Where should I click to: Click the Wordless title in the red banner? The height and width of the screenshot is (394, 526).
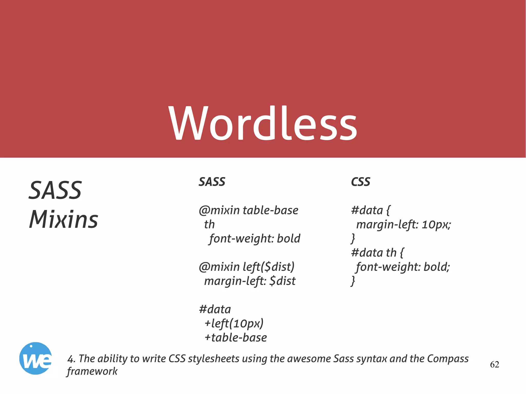pyautogui.click(x=263, y=123)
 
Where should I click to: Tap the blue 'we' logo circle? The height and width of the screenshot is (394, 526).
pyautogui.click(x=35, y=358)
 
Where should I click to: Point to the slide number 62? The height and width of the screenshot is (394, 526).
pyautogui.click(x=494, y=364)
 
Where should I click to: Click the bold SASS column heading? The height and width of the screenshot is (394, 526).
pyautogui.click(x=212, y=182)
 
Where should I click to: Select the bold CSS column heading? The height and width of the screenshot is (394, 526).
pyautogui.click(x=361, y=182)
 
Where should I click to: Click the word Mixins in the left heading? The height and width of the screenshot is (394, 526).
pyautogui.click(x=63, y=219)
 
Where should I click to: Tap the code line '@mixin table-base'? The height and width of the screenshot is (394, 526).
pyautogui.click(x=248, y=210)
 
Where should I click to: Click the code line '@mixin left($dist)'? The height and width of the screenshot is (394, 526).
pyautogui.click(x=247, y=267)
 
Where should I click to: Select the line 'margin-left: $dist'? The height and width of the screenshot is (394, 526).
pyautogui.click(x=250, y=281)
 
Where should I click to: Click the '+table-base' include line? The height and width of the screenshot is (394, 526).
pyautogui.click(x=236, y=338)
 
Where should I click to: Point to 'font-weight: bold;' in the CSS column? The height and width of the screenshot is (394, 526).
pyautogui.click(x=403, y=267)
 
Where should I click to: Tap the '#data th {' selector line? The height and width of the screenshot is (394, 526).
pyautogui.click(x=377, y=253)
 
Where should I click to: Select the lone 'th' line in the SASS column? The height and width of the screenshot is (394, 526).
pyautogui.click(x=209, y=224)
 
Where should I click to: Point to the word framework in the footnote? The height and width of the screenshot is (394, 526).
pyautogui.click(x=92, y=371)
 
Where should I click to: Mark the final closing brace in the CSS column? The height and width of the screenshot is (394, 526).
pyautogui.click(x=353, y=281)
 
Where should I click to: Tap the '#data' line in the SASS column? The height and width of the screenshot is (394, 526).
pyautogui.click(x=215, y=309)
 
